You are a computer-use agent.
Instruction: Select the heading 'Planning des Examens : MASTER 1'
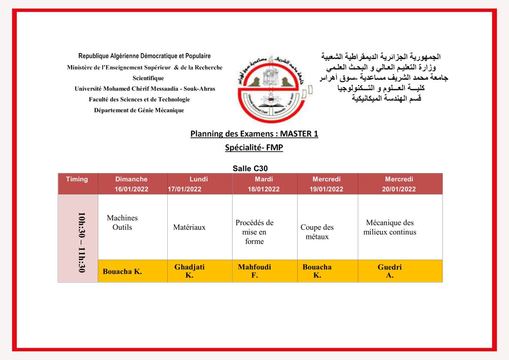click(254, 134)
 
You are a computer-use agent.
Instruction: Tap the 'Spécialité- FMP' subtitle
click(254, 147)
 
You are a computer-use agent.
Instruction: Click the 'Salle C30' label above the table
click(250, 168)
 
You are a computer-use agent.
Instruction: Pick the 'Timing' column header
click(77, 179)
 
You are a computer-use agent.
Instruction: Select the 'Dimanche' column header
click(131, 179)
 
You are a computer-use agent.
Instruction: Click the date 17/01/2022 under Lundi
click(185, 189)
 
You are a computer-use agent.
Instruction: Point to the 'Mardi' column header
click(264, 179)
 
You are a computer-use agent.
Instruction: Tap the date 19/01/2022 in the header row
click(327, 189)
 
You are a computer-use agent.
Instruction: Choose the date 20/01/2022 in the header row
click(399, 189)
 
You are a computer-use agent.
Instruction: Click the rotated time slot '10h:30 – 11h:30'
click(81, 242)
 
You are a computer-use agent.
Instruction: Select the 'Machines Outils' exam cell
click(122, 222)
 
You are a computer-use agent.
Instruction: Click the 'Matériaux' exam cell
click(189, 227)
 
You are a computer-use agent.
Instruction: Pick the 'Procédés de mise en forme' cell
click(254, 232)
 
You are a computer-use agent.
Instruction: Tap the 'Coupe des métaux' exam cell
click(317, 232)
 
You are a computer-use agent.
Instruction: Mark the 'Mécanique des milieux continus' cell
click(390, 227)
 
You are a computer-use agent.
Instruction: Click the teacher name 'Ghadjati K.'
click(189, 271)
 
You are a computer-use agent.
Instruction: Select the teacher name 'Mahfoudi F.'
click(254, 271)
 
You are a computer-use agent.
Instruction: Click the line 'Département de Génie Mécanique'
click(139, 110)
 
